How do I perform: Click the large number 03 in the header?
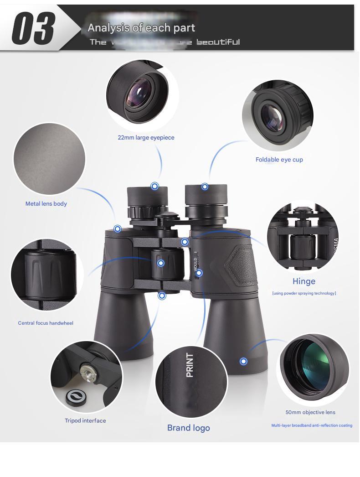(33, 28)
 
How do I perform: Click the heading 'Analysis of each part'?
(141, 28)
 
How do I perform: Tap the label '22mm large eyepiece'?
(146, 137)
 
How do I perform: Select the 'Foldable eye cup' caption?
(279, 160)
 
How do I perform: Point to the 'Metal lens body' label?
(46, 204)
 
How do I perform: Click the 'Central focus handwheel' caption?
(46, 323)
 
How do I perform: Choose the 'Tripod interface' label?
(85, 421)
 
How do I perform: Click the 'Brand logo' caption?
(189, 428)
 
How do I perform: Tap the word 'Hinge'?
(304, 281)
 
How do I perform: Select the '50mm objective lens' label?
(310, 412)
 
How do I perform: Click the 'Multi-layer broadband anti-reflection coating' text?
(312, 425)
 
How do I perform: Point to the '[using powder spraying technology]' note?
(304, 293)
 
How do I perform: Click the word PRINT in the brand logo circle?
(190, 365)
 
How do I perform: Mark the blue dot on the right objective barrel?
(243, 361)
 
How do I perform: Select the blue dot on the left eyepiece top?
(154, 186)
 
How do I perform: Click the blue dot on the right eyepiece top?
(205, 187)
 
